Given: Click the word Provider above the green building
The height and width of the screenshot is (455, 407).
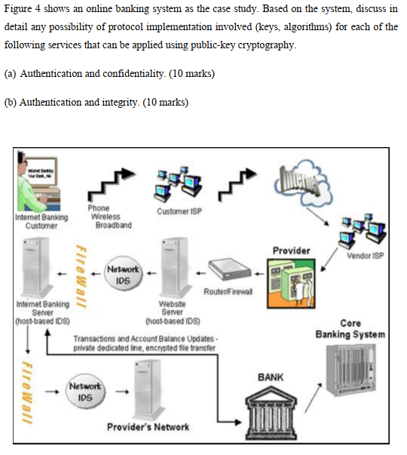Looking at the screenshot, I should click(x=290, y=250).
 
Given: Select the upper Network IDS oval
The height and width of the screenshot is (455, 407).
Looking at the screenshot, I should click(x=123, y=274).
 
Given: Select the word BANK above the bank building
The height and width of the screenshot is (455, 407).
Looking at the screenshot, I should click(x=271, y=375).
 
